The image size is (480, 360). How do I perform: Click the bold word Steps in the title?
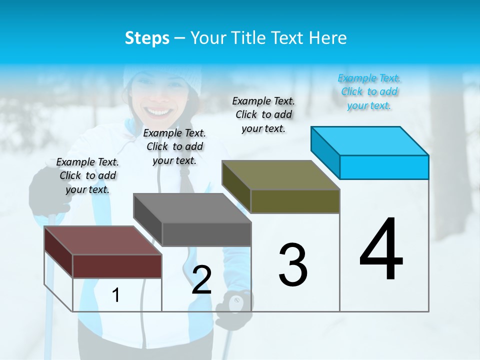pos(147,38)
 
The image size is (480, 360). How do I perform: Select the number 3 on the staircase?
pos(293,265)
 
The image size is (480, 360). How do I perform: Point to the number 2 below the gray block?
pos(201,280)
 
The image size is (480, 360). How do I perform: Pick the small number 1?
pos(116,295)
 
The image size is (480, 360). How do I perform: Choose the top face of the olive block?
pos(281,175)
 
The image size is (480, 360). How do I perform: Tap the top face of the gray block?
pos(192,208)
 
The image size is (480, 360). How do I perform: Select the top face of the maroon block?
pos(103,240)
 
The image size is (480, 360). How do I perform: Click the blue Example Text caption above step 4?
pos(369,91)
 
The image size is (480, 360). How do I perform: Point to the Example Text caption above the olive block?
pos(263,114)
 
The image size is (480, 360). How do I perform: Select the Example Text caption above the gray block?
pos(174,146)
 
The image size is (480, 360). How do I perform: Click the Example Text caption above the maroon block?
pos(87,175)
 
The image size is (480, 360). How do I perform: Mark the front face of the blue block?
pos(384,167)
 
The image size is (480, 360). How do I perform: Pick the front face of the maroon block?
pos(117,266)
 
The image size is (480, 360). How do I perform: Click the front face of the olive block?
pos(295,201)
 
